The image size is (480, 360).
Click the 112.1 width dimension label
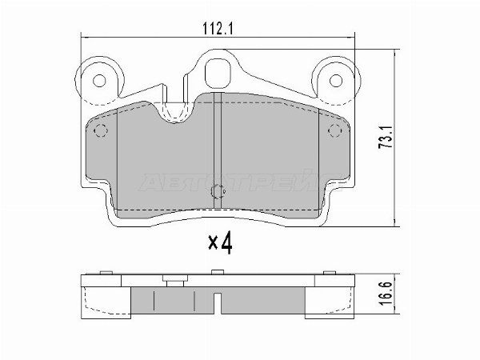tap(218, 29)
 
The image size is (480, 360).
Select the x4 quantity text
tap(221, 243)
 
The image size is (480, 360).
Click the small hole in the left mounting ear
tap(99, 81)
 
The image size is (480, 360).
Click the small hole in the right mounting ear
tap(335, 81)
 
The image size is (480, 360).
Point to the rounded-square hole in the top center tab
tap(218, 74)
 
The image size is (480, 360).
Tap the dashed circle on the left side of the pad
tap(101, 130)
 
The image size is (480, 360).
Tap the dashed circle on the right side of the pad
tap(334, 130)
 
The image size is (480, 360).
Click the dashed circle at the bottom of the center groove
tap(218, 192)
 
